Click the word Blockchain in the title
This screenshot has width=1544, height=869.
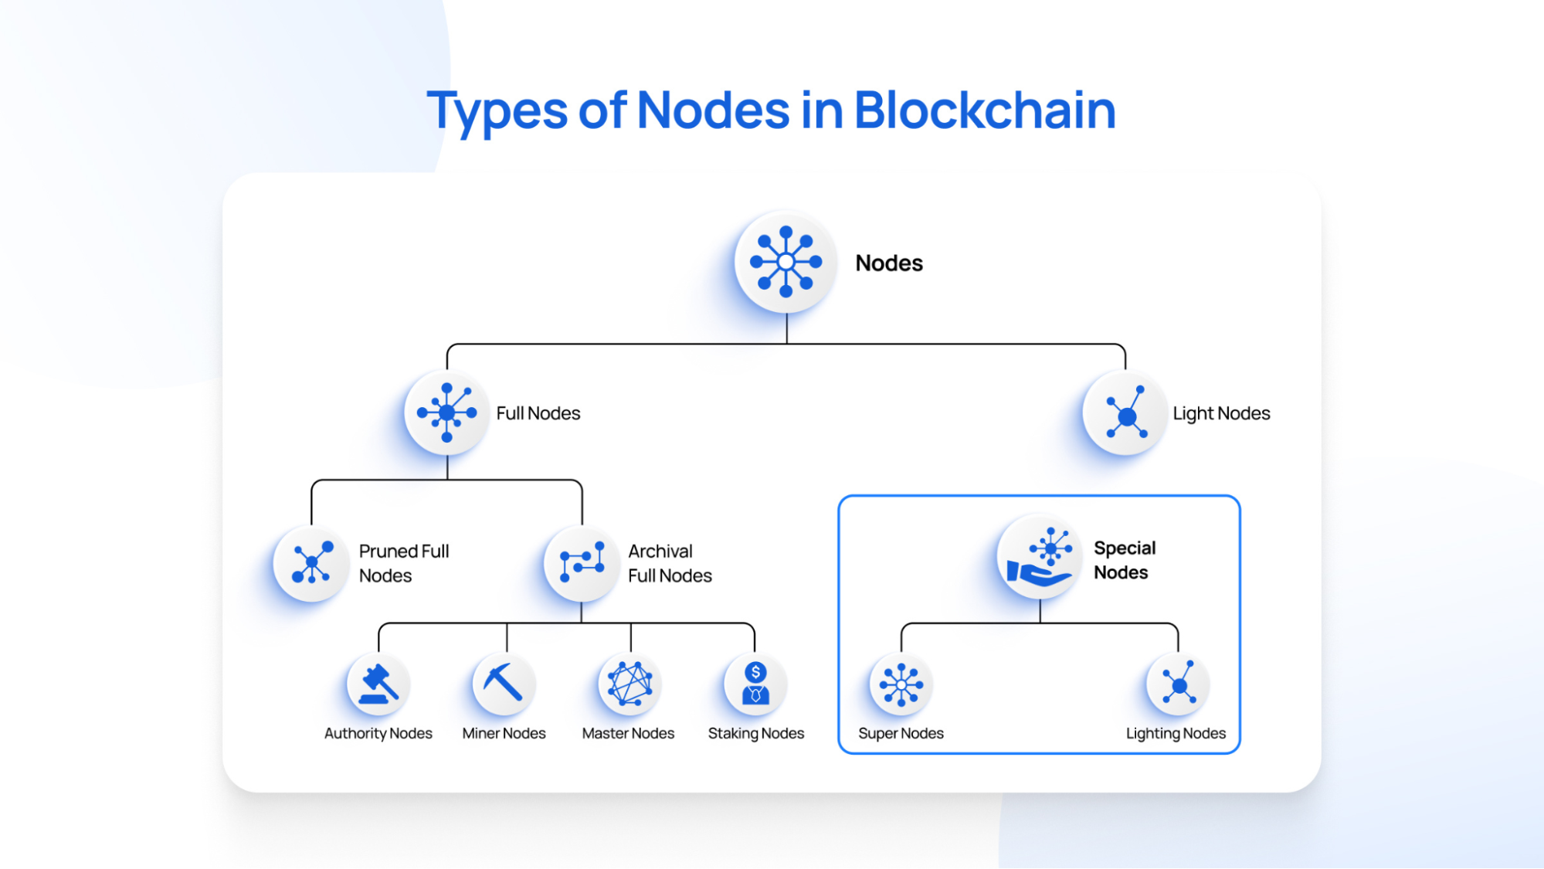pos(985,110)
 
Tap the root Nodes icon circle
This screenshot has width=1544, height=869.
pos(786,262)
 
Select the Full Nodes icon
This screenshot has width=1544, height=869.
pos(446,412)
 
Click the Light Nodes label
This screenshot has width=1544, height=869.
pos(1221,413)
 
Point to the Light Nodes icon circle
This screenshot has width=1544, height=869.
pos(1125,414)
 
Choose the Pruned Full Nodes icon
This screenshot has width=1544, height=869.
pos(311,563)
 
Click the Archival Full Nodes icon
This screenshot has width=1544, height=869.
pos(582,563)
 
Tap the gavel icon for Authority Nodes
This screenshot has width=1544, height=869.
pos(378,684)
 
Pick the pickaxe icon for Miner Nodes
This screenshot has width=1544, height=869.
pos(504,684)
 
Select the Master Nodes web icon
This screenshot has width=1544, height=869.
pos(629,684)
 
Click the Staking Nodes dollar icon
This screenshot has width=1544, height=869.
pos(755,684)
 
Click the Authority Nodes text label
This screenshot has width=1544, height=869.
pos(378,733)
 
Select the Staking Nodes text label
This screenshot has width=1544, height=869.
pos(755,733)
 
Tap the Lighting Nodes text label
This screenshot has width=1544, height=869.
pos(1176,733)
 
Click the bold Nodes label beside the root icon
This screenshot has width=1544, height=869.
pos(889,263)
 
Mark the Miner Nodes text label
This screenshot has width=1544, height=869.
pos(504,733)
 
